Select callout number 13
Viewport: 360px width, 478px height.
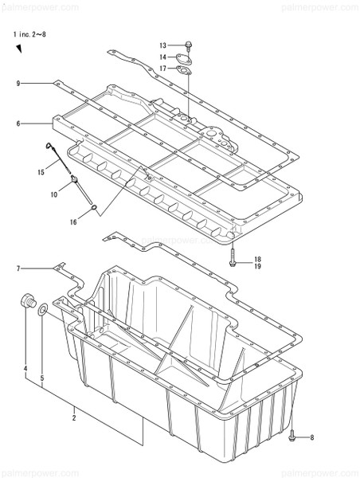(162, 45)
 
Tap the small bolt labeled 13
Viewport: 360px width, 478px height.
(187, 45)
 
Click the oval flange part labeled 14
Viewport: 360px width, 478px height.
(185, 57)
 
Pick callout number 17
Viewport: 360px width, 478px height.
(162, 69)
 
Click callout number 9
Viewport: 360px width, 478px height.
(17, 83)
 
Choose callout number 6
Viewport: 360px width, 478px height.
(17, 123)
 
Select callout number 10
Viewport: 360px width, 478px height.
(55, 194)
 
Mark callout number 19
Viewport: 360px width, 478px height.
(257, 268)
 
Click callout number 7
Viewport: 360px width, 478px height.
(17, 269)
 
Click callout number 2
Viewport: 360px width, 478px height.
(74, 417)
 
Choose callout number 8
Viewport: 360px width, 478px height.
(312, 437)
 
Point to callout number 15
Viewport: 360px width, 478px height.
(40, 172)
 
